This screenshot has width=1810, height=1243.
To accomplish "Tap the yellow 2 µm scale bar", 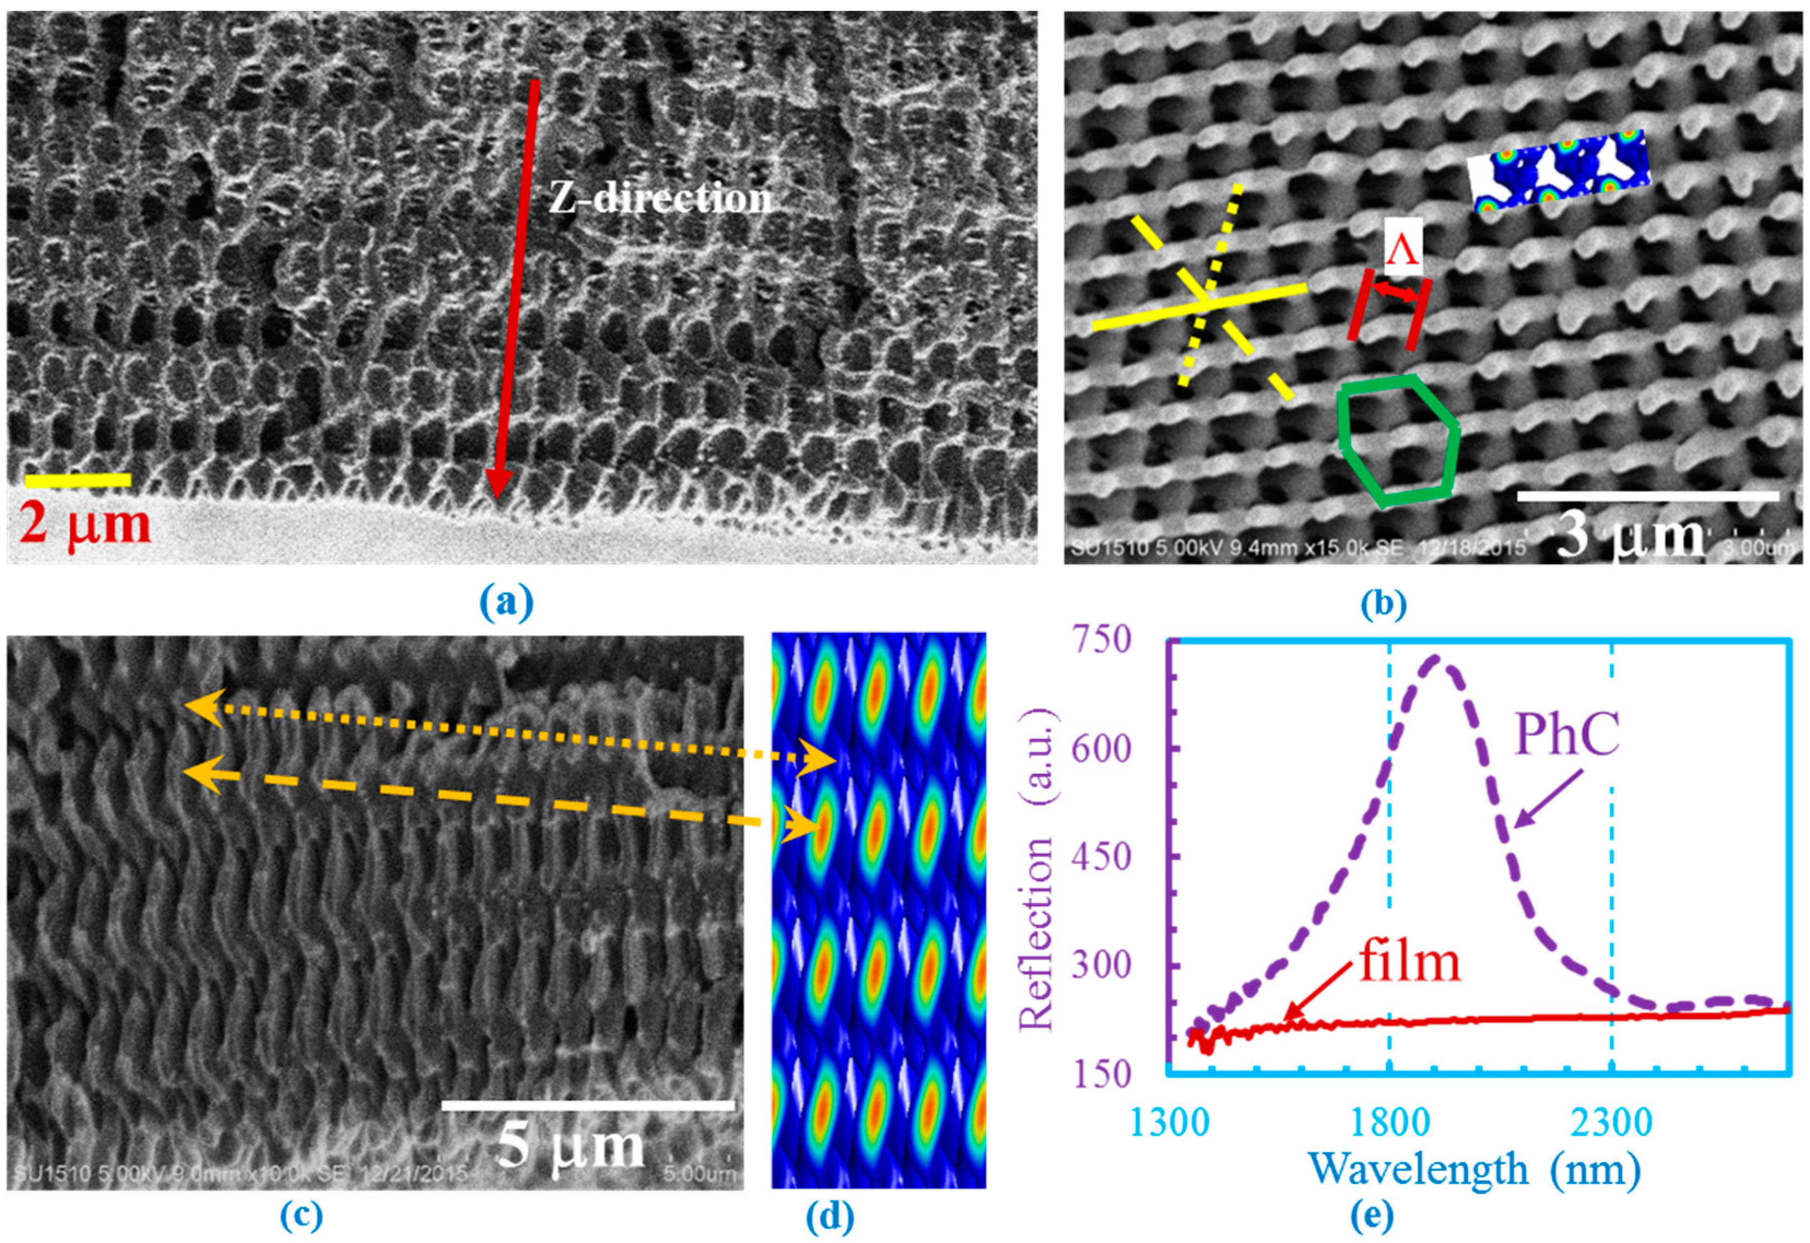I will pos(78,479).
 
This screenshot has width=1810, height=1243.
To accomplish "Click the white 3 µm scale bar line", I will pos(1648,496).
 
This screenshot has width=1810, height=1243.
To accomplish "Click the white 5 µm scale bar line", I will pos(588,1105).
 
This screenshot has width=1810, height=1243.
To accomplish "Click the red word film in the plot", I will pos(1410,961).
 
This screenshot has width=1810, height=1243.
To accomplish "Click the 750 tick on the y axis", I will pos(1100,640).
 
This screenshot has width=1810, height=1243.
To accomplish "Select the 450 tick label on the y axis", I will pos(1100,858).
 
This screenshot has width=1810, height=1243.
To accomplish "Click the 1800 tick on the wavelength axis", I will pos(1389,1124).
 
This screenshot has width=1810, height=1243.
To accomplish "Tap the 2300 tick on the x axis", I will pos(1611,1124).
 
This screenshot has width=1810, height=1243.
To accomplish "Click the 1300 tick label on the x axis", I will pos(1166,1124).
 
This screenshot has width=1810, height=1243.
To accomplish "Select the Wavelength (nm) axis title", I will pos(1476,1169).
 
